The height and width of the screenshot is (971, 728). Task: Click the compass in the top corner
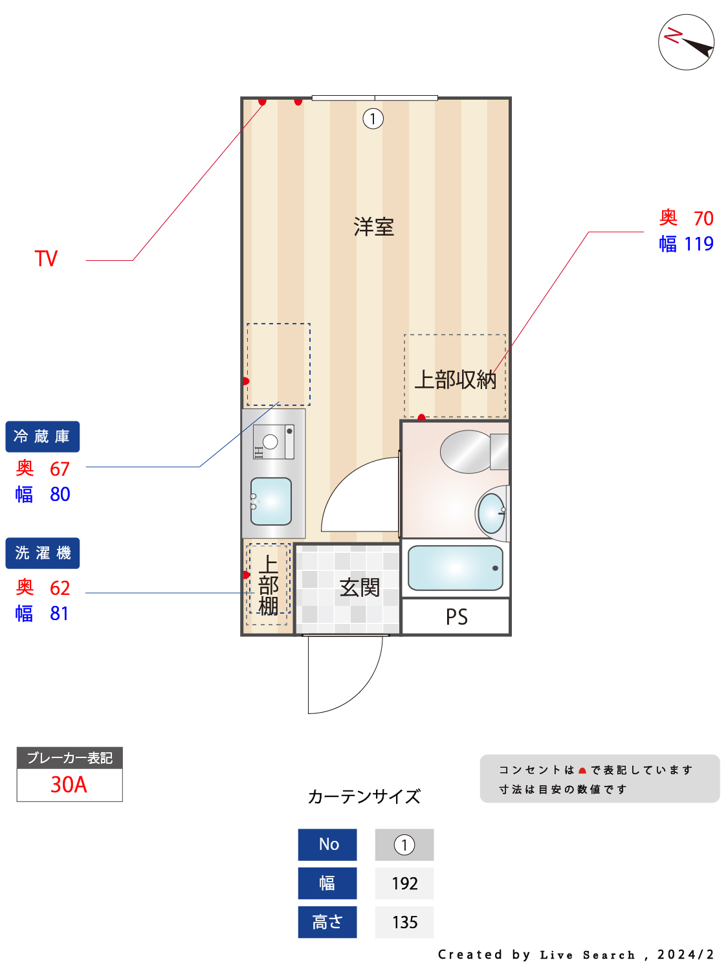tap(686, 42)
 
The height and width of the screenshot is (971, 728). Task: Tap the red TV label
tap(46, 259)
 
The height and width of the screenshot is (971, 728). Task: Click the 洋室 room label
tap(373, 227)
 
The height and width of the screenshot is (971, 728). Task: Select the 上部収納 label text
tap(456, 379)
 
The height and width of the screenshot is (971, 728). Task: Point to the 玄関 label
tap(360, 588)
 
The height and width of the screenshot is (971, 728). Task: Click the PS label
tap(456, 617)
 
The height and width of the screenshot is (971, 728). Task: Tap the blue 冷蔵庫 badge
tap(43, 437)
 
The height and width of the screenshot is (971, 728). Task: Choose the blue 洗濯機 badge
tap(43, 553)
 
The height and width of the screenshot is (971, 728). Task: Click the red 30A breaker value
tap(69, 785)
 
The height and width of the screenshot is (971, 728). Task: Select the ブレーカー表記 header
tap(69, 758)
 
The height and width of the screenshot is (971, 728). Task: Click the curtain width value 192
tap(404, 884)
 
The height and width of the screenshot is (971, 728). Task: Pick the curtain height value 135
tap(404, 922)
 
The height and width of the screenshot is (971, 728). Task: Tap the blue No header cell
tap(327, 845)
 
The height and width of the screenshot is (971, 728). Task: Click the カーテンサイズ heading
tap(364, 796)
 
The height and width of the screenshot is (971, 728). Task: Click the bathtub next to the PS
tap(456, 568)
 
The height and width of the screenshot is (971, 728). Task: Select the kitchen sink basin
tap(271, 501)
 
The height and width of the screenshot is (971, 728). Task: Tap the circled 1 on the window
tap(373, 118)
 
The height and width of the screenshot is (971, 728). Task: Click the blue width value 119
tap(699, 244)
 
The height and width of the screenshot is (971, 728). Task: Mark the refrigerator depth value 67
tap(60, 469)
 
